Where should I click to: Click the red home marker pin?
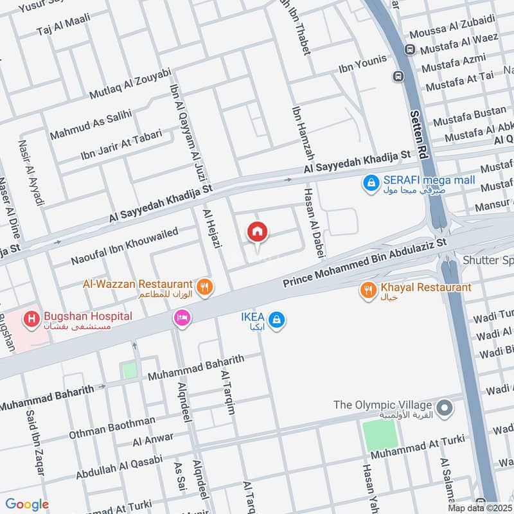tap(258, 232)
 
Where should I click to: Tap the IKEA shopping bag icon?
tap(276, 319)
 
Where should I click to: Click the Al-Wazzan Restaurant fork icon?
tap(205, 287)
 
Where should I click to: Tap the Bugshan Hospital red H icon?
tap(30, 318)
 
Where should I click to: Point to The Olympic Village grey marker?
tap(443, 407)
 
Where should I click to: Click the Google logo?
tap(27, 504)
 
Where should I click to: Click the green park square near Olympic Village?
tap(380, 436)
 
